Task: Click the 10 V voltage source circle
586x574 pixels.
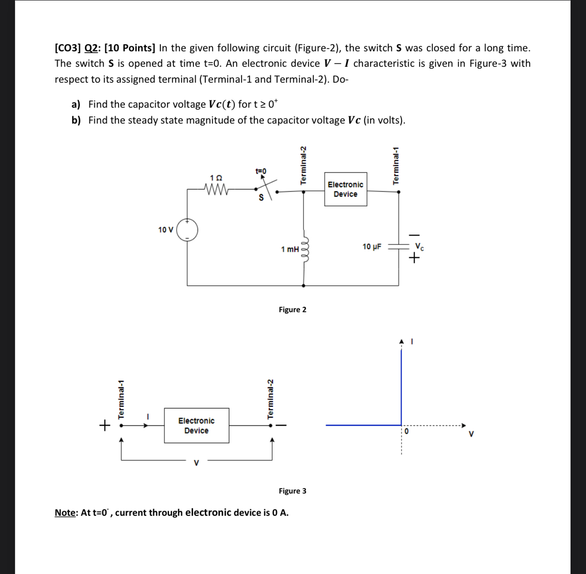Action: click(x=187, y=230)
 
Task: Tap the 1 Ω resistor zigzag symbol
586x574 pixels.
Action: click(x=216, y=188)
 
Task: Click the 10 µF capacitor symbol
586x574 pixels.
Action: click(x=398, y=246)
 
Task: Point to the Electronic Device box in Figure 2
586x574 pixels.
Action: click(x=345, y=189)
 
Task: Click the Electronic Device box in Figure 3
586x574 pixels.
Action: click(x=196, y=425)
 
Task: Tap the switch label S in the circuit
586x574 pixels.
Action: click(x=261, y=198)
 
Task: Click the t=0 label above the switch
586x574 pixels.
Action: click(x=261, y=171)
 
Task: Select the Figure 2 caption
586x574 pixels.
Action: click(x=293, y=309)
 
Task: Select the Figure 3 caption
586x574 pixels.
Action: click(x=293, y=491)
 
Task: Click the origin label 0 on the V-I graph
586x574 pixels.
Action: click(x=407, y=431)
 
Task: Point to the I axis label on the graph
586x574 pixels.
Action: click(x=412, y=341)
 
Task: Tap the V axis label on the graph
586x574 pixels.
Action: click(x=471, y=434)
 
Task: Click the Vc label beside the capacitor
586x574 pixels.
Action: click(x=420, y=247)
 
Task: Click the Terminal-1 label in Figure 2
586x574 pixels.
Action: click(x=396, y=165)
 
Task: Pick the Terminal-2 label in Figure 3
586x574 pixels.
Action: click(x=270, y=399)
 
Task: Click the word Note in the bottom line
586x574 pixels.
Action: click(x=65, y=513)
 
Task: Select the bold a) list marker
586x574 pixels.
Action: click(x=76, y=105)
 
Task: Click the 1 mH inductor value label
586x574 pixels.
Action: click(x=290, y=249)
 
